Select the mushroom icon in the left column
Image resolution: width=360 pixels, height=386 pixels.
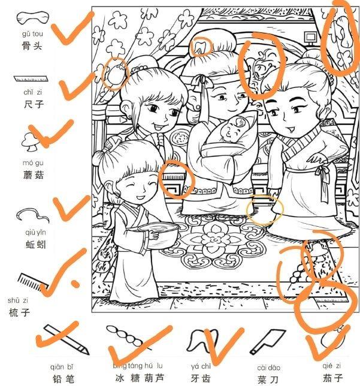coord(30,141)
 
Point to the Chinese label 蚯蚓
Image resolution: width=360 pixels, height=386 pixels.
coord(32,244)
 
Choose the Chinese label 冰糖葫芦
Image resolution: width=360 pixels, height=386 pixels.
coord(138,378)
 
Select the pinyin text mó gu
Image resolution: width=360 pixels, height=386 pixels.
coord(33,163)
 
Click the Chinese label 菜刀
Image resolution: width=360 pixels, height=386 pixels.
coord(262,378)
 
